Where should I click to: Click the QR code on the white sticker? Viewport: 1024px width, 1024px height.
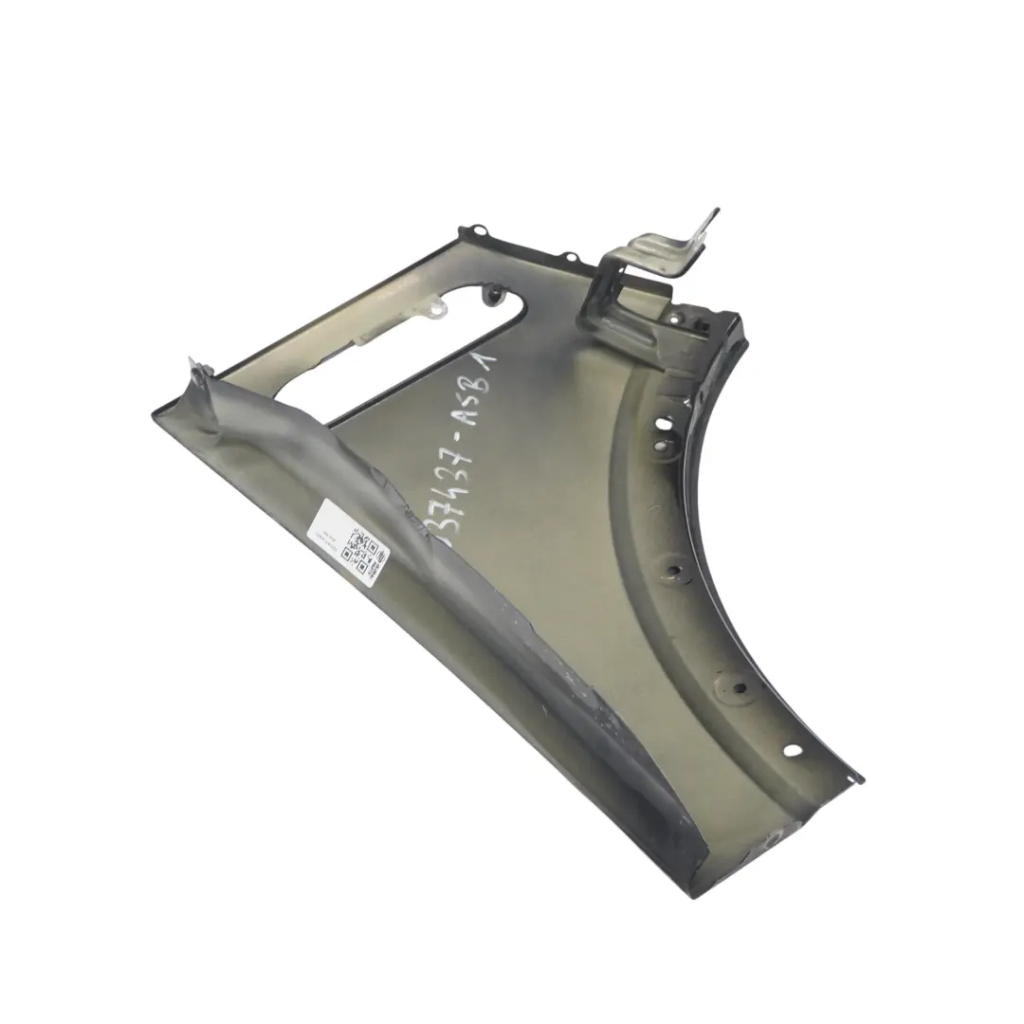pos(365,548)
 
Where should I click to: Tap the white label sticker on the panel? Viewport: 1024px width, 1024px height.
pos(351,544)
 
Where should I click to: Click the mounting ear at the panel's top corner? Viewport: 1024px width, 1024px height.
pos(474,232)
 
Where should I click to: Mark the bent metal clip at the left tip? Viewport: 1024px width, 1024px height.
pos(197,371)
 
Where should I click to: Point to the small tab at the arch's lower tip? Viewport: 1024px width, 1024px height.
pos(858,776)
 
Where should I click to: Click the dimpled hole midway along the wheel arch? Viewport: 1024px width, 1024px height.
pos(675,571)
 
